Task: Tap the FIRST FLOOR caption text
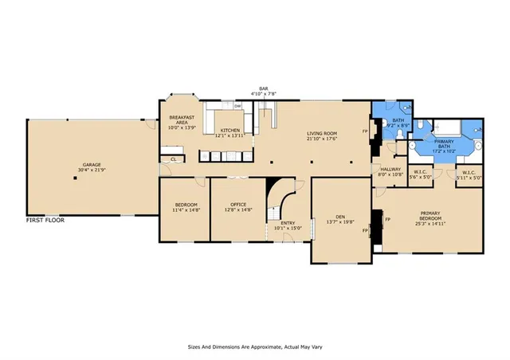45,219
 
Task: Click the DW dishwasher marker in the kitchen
237,105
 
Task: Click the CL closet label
173,159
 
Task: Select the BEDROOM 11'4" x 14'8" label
186,207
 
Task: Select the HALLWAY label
390,170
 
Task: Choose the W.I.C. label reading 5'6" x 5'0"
420,174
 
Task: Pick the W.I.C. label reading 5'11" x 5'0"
469,174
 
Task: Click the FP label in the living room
366,131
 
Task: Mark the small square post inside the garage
74,178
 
